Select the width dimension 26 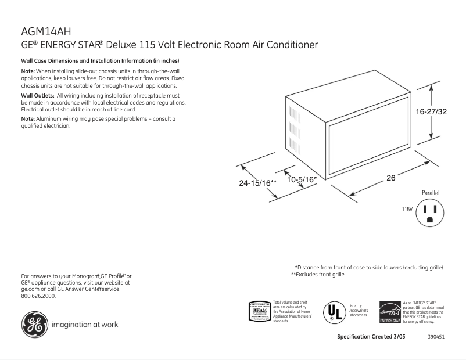pos(390,178)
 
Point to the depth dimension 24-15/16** pos(257,182)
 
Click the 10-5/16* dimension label pos(302,179)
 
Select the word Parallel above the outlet pos(431,192)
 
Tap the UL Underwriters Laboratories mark pos(334,311)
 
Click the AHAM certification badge pos(260,311)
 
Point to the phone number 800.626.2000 pos(38,296)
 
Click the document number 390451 pos(436,337)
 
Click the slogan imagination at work pos(85,325)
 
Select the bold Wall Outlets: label pos(38,95)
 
